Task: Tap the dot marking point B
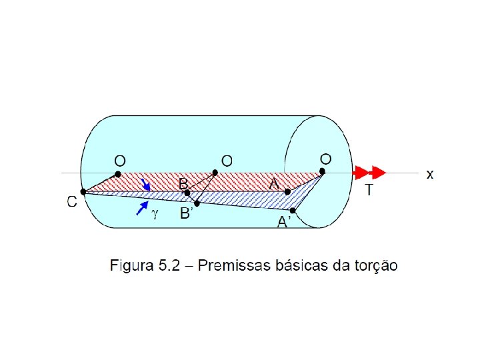(187, 193)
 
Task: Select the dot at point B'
(197, 203)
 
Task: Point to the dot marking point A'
(293, 211)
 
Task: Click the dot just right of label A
(287, 192)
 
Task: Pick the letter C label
(72, 202)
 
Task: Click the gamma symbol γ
(155, 213)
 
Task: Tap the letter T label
(369, 191)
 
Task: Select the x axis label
(430, 174)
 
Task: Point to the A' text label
(284, 223)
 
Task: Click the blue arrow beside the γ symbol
(141, 208)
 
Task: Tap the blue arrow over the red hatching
(146, 183)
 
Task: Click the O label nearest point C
(119, 161)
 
